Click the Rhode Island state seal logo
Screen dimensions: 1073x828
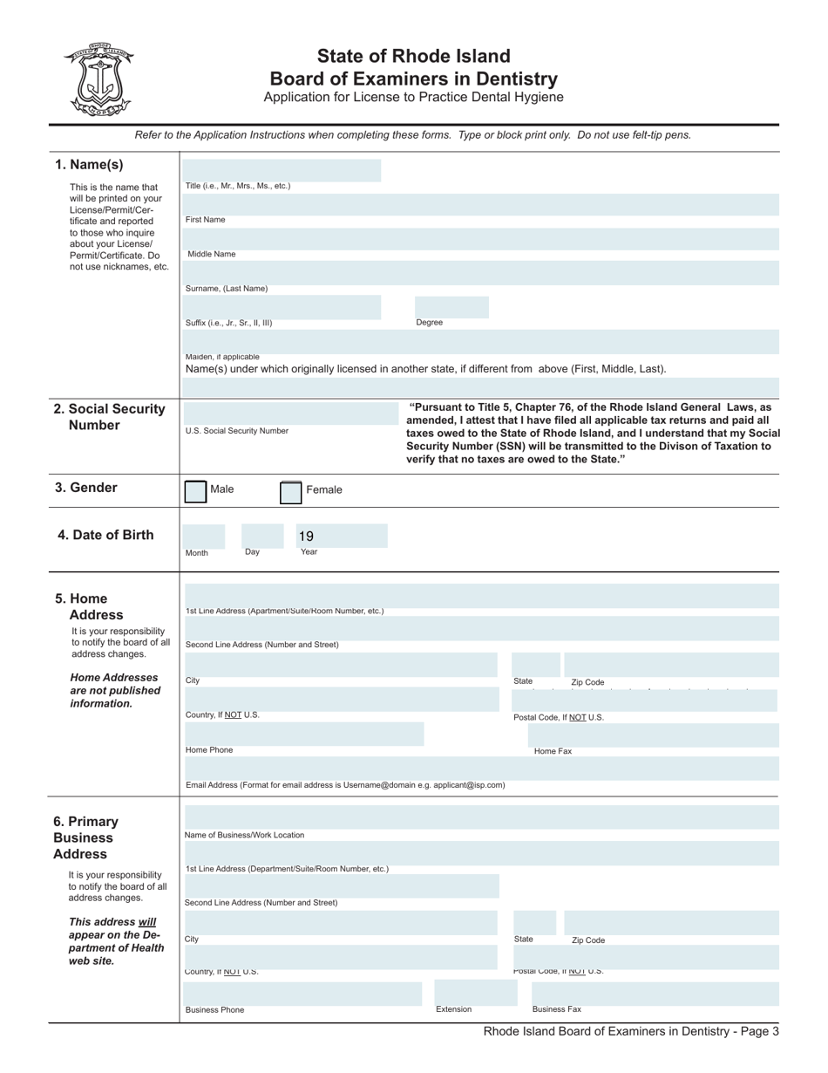[x=98, y=79]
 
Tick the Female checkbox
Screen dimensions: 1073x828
[x=290, y=492]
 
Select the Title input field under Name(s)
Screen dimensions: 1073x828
[x=282, y=170]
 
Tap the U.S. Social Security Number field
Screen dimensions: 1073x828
[x=290, y=413]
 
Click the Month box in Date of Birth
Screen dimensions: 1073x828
[x=203, y=536]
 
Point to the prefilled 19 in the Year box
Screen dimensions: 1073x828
[x=306, y=536]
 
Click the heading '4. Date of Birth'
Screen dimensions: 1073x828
[x=105, y=535]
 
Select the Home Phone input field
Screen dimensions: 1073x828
[x=303, y=734]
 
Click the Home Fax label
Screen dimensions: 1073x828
[x=553, y=751]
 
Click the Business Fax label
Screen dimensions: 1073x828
[x=556, y=1009]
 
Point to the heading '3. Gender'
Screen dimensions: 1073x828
[x=85, y=488]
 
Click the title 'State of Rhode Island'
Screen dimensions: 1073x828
[x=413, y=57]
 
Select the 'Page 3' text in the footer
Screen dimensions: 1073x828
[x=757, y=1031]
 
